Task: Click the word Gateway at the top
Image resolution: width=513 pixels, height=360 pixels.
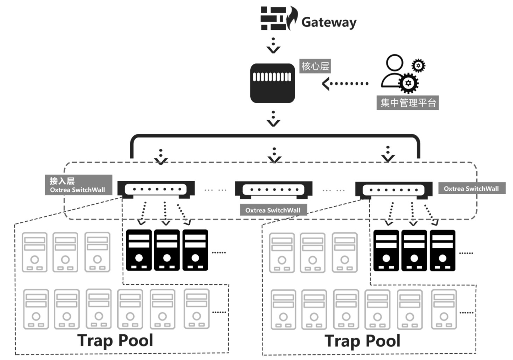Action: pos(329,22)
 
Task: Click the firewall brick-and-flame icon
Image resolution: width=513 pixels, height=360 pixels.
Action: pos(279,18)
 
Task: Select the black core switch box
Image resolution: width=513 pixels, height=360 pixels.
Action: pos(272,83)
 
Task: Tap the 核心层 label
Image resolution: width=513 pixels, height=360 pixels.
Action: pos(315,66)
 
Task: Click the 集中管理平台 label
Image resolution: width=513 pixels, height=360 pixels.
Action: pos(408,103)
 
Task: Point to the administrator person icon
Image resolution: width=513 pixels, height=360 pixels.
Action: pos(394,72)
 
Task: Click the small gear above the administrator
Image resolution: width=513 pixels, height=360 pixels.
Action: pos(418,65)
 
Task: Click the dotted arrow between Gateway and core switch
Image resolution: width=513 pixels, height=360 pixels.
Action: pos(273,45)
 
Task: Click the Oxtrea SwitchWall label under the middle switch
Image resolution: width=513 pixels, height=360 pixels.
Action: pos(273,210)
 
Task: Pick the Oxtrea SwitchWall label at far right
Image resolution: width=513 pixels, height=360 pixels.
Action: pos(471,189)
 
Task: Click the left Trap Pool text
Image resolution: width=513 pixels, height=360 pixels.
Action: pos(115,340)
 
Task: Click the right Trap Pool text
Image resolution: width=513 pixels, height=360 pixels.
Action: pos(363,341)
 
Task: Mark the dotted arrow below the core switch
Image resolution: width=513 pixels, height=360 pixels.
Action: pos(273,119)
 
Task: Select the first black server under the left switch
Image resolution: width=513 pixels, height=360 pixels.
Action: pos(139,250)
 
